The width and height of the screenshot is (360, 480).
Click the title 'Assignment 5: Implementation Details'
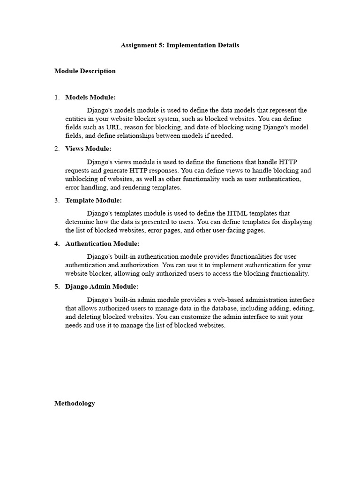click(x=180, y=45)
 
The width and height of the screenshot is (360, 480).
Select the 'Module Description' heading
click(x=85, y=71)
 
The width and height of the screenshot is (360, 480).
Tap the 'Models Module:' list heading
click(x=90, y=97)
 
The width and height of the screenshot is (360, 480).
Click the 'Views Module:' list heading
click(x=88, y=149)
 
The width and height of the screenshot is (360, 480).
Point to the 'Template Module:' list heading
click(x=93, y=201)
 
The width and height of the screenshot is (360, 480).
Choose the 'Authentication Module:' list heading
click(x=102, y=244)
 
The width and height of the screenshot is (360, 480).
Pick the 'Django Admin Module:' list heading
click(x=102, y=286)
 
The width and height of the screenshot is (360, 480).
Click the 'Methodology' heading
click(x=75, y=403)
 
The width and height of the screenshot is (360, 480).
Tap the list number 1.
click(x=57, y=97)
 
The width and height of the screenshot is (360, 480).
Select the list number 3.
click(x=57, y=201)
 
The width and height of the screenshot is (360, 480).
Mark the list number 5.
click(x=57, y=286)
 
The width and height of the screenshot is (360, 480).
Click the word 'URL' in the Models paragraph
click(x=105, y=127)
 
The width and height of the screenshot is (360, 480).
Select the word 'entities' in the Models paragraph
click(x=75, y=119)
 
